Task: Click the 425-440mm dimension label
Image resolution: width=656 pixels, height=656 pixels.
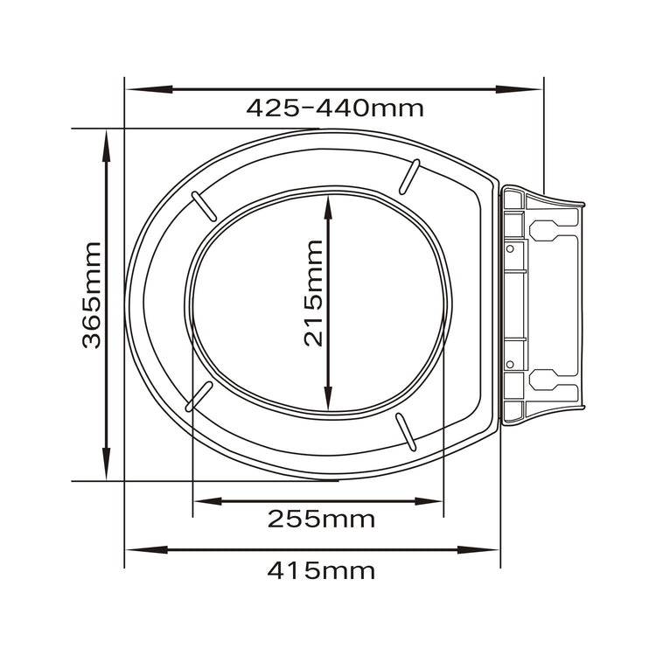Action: pos(334,108)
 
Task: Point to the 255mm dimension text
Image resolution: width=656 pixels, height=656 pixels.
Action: pos(321,519)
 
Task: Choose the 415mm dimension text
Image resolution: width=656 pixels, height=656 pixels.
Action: pos(321,571)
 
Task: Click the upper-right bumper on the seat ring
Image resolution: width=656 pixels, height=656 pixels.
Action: pos(408,176)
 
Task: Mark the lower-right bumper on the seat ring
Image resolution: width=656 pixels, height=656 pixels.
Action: pos(405,429)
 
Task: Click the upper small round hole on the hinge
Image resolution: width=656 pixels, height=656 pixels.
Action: pos(508,248)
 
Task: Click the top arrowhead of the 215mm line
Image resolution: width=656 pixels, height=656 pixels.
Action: pos(327,206)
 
